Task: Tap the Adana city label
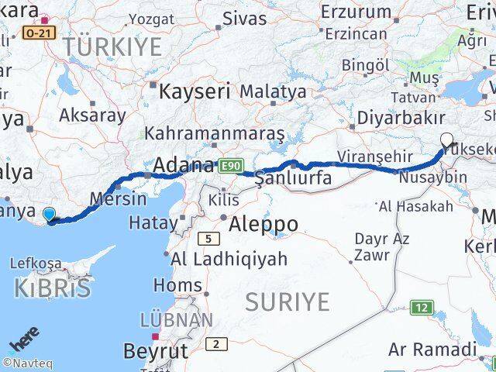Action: pos(184,165)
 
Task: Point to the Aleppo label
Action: pos(263,225)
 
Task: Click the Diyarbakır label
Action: pos(401,118)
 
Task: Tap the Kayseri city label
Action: pos(195,91)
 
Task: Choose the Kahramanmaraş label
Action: pos(215,133)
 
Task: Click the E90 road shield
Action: pos(231,165)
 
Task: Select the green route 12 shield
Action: pos(421,308)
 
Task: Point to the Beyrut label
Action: pos(155,351)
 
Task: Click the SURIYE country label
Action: pos(287,302)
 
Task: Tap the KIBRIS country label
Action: pos(52,288)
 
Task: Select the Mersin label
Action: pos(118,198)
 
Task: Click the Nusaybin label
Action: pos(432,177)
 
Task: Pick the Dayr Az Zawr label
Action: pos(381,246)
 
